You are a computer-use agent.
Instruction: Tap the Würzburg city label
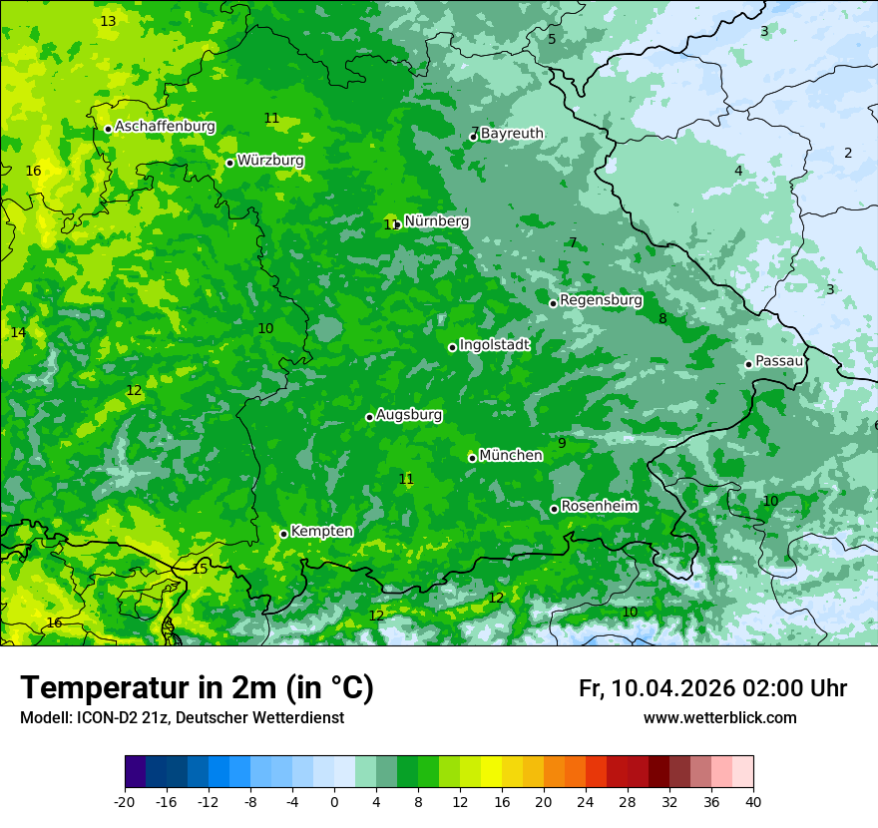[270, 161]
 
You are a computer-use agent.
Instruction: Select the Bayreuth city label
[512, 134]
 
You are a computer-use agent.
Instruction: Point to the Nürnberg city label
[436, 221]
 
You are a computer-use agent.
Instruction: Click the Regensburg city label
[601, 300]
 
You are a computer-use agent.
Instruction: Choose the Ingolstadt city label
[494, 345]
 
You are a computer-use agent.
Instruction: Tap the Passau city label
[779, 361]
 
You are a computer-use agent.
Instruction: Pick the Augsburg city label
[409, 415]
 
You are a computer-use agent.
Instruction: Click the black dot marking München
[472, 458]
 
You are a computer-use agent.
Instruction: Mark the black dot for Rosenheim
[554, 509]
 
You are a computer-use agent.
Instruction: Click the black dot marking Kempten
[283, 534]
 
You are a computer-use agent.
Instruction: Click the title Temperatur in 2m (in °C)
[197, 688]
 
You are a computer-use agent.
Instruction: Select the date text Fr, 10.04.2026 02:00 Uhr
[712, 688]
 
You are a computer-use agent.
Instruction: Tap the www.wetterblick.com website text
[719, 718]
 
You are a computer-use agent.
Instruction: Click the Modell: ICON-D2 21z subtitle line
[182, 718]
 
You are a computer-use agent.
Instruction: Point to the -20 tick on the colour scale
[125, 801]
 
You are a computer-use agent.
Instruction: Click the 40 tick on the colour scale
[753, 801]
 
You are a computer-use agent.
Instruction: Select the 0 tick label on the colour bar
[334, 801]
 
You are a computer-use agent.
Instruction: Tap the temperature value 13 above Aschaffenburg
[108, 21]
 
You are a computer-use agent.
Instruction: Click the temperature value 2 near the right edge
[848, 153]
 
